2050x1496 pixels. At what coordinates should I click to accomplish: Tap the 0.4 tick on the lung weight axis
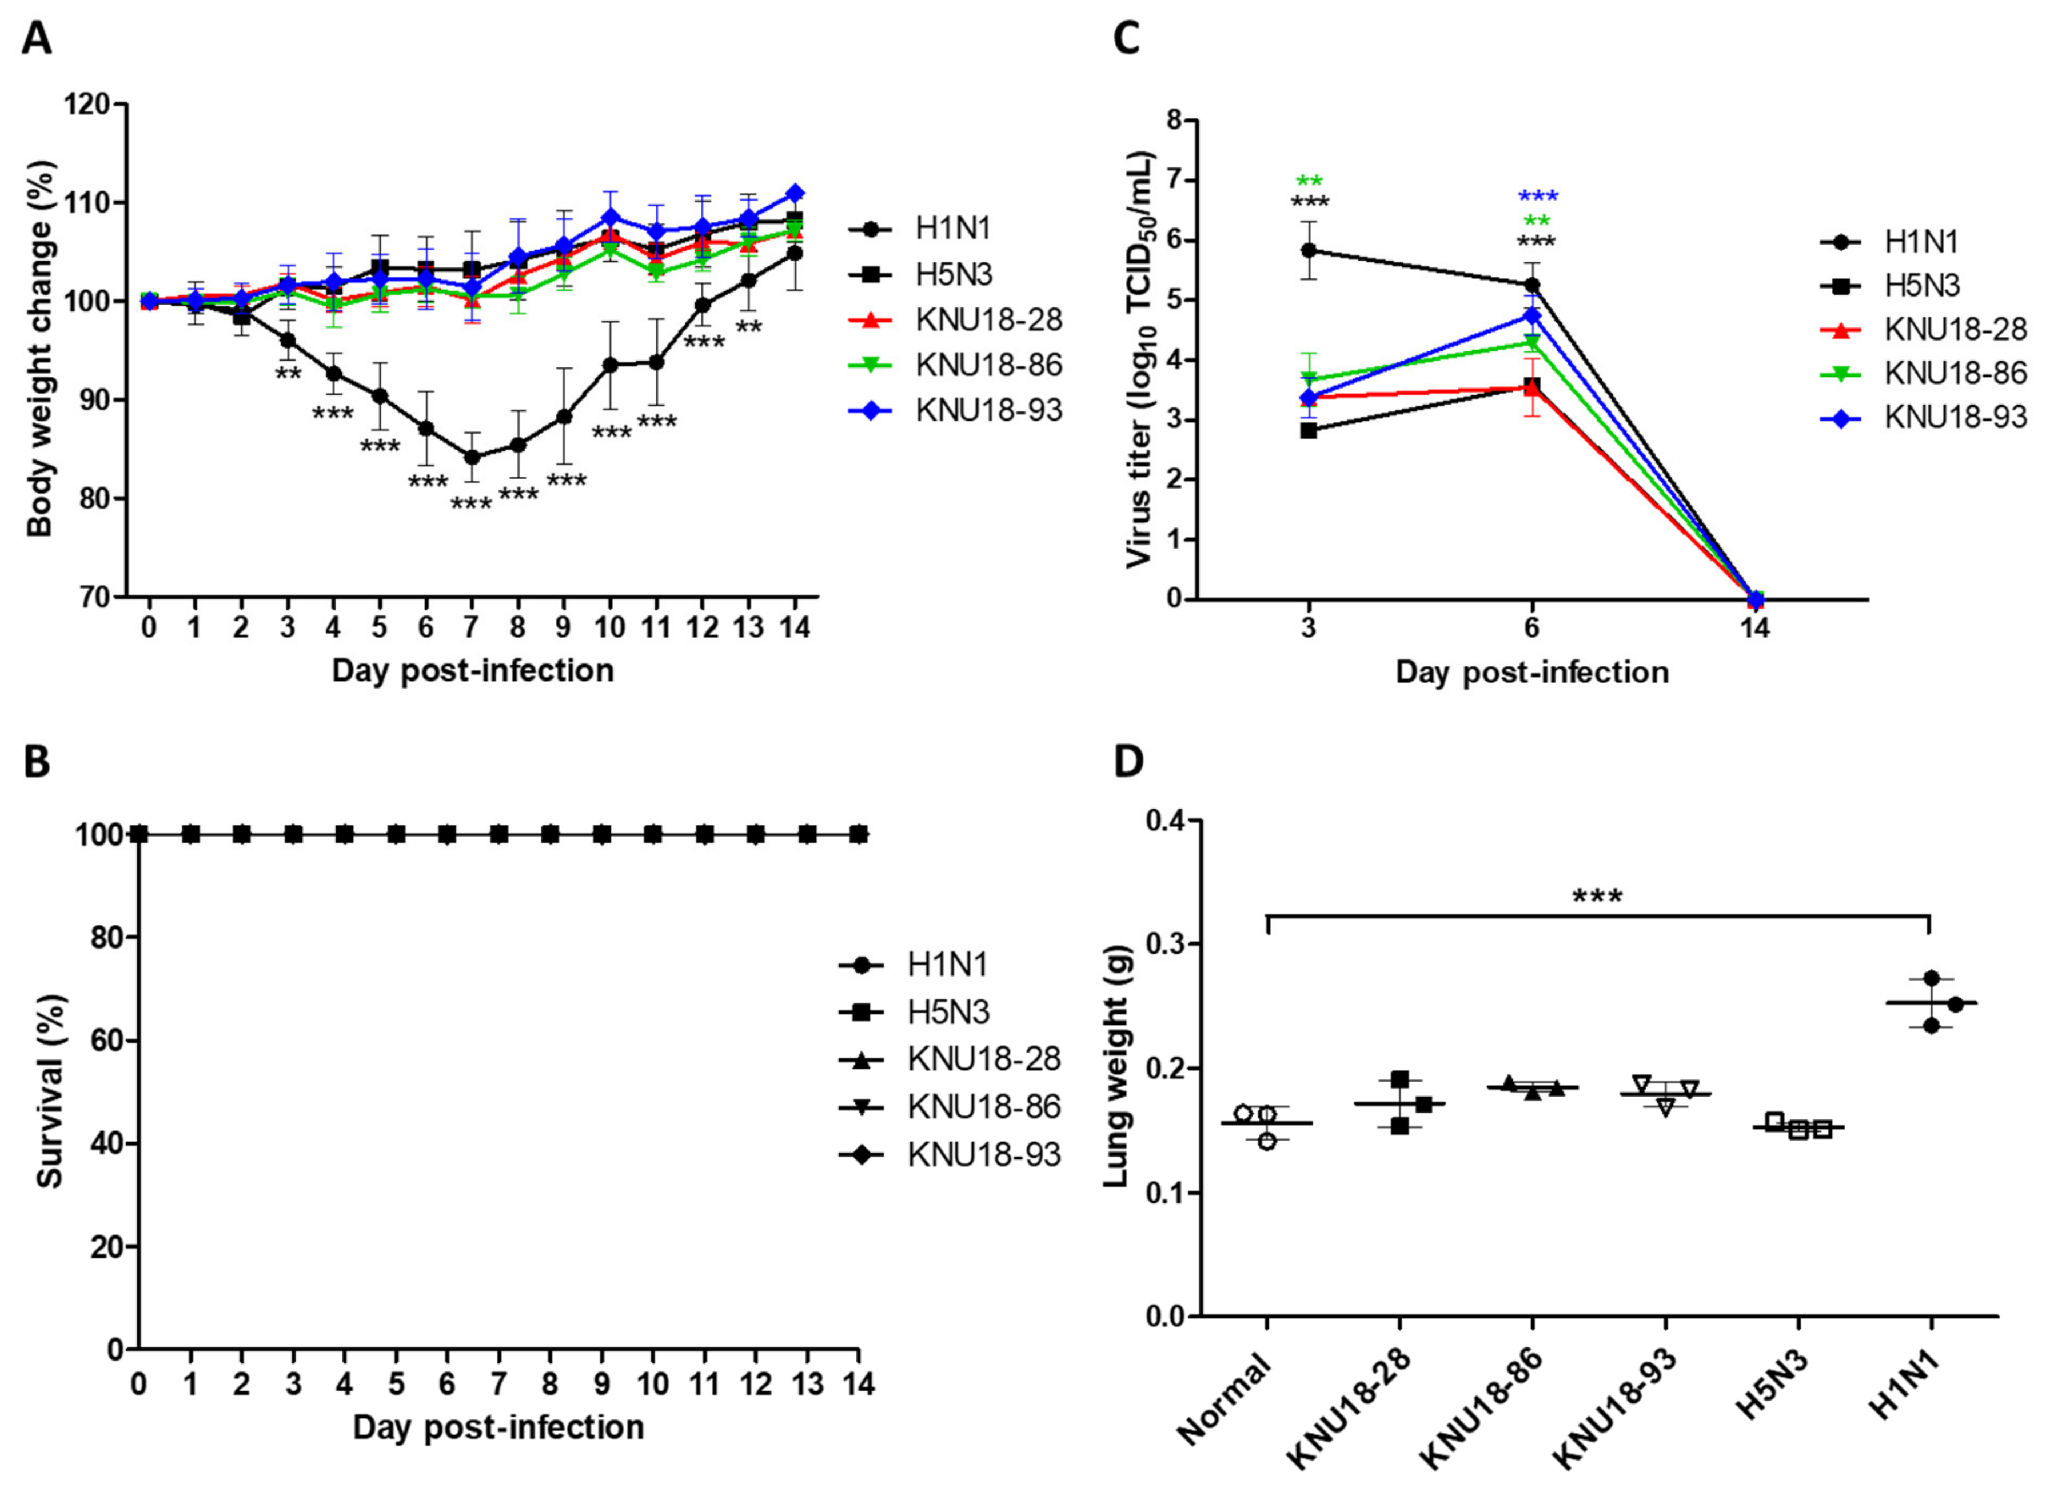[x=1166, y=821]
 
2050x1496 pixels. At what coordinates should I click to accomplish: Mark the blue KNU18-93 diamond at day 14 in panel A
[x=795, y=193]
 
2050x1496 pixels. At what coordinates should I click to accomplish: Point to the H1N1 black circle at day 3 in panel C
[x=1308, y=250]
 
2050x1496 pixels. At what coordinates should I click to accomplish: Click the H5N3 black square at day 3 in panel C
[x=1308, y=430]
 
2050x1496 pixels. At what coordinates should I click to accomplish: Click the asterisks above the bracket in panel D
[x=1597, y=897]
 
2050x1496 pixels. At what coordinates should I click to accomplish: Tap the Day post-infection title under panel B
[x=498, y=1427]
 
